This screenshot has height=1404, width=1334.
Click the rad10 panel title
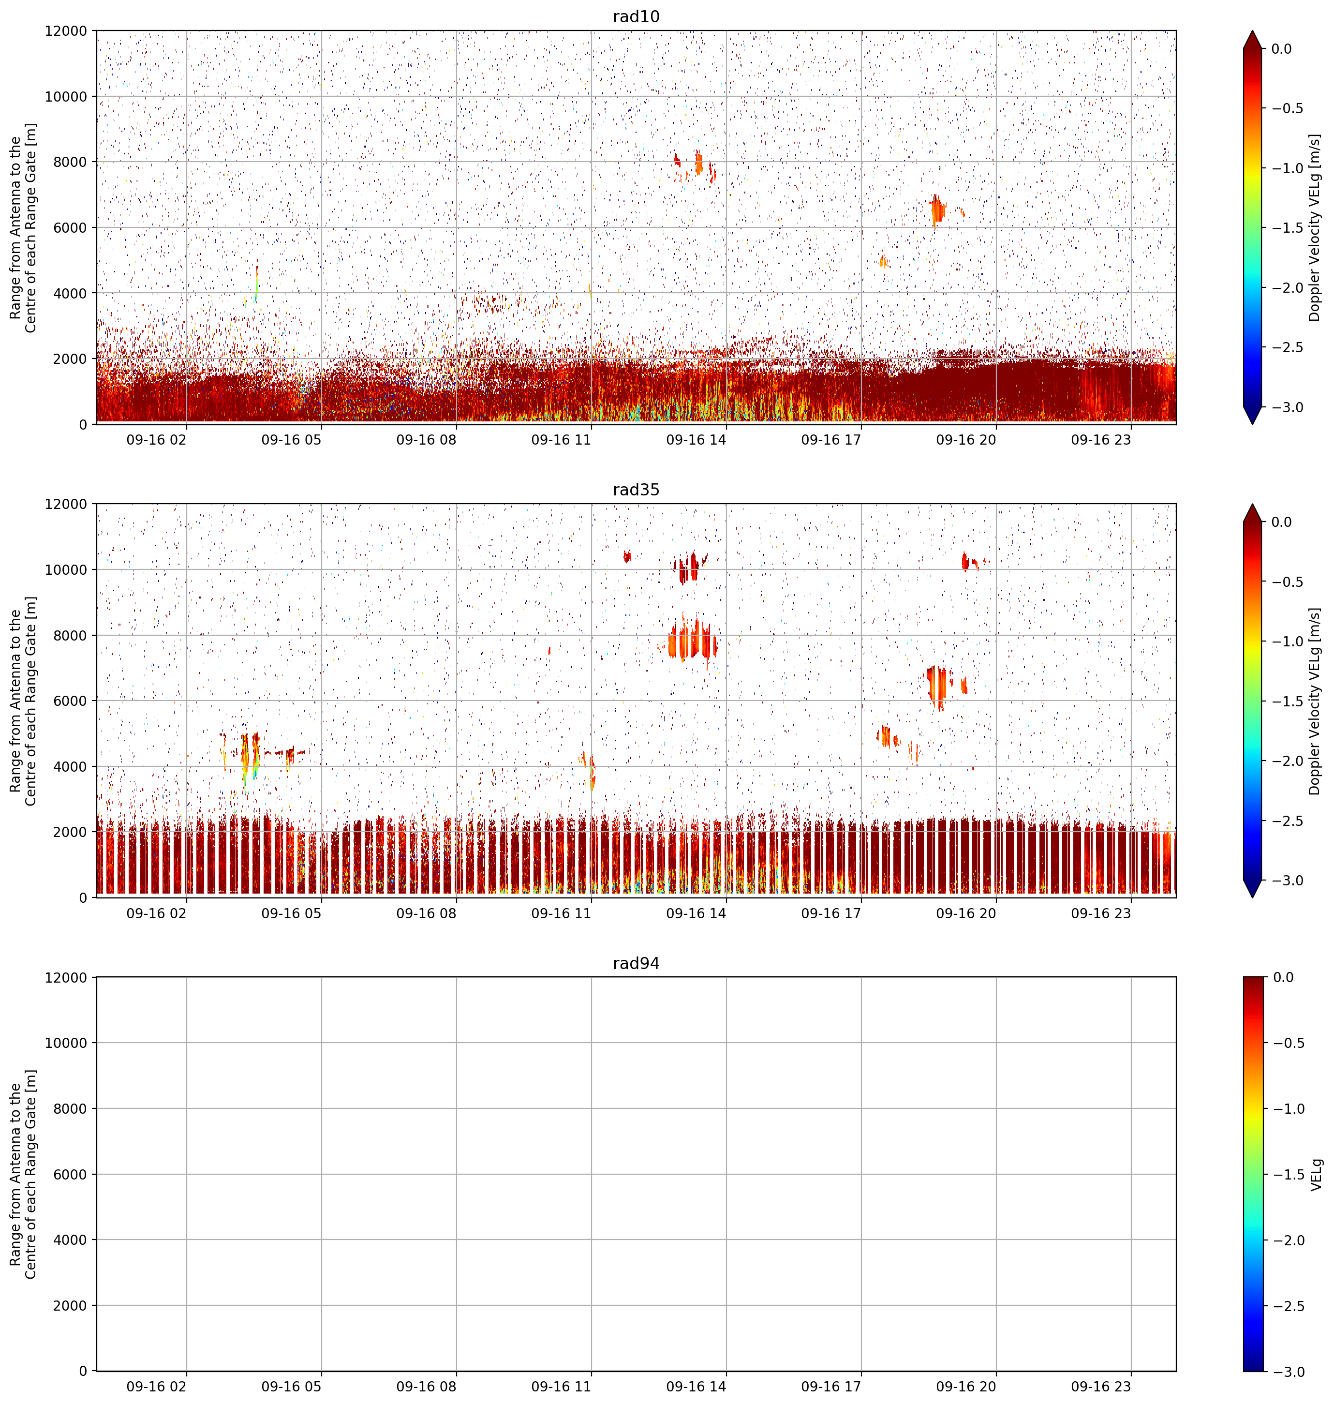pos(636,16)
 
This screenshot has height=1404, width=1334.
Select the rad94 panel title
pos(636,963)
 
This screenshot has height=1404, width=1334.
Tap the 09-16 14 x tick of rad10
pos(696,440)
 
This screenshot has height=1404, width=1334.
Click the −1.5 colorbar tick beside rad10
pos(1288,227)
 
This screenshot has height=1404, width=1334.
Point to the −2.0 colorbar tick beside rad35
pos(1288,761)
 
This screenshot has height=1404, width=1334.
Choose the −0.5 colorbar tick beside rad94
pos(1288,1043)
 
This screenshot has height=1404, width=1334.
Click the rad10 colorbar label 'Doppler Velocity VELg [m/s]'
pos(1314,227)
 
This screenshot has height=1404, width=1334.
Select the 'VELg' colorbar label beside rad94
pos(1316,1174)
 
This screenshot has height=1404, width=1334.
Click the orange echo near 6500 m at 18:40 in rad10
pos(937,210)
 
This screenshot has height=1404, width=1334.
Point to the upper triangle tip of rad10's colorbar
pos(1253,30)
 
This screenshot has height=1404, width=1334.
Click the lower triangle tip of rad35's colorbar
pos(1253,897)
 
